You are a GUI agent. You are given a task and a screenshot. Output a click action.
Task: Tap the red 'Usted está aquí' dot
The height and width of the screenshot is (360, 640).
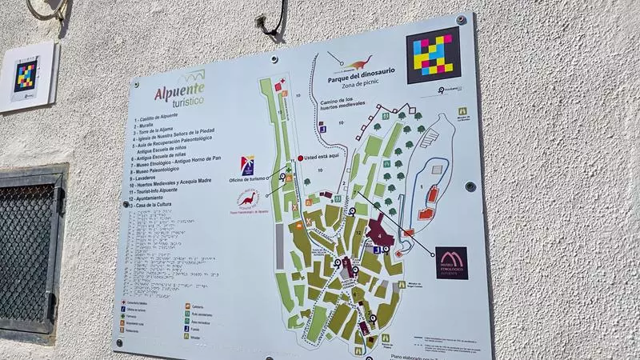(x=301, y=158)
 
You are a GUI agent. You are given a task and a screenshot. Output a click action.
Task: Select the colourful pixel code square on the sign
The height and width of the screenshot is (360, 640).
(x=433, y=55)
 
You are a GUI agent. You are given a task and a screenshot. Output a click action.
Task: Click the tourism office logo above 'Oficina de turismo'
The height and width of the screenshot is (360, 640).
(x=247, y=165)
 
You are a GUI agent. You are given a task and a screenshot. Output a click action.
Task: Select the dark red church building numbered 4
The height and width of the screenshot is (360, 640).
(x=378, y=237)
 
